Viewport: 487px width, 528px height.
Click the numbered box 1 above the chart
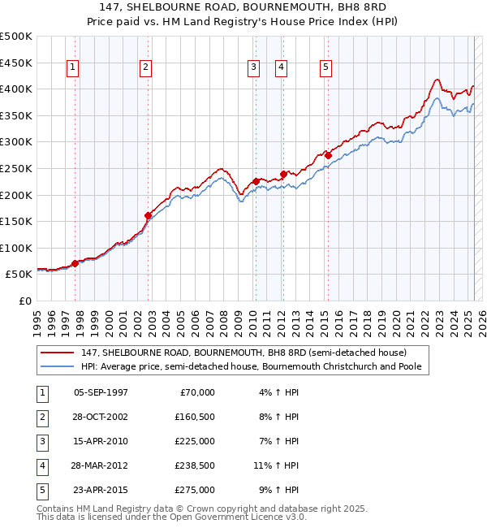(73, 67)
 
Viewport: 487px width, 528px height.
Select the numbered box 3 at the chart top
(253, 67)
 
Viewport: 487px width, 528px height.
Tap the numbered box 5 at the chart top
(325, 67)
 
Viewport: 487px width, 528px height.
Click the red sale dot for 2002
(149, 215)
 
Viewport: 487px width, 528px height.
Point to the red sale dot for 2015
(328, 155)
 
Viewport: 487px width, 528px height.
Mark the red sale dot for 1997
(75, 263)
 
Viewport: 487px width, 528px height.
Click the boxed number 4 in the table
(41, 465)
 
